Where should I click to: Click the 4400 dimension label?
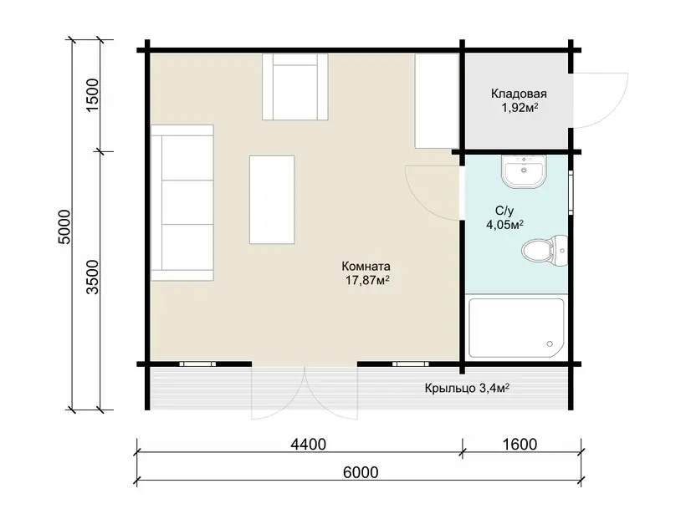pos(309,444)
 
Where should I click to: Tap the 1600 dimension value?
pos(520,444)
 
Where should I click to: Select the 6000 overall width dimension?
pos(361,472)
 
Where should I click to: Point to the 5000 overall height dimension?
pos(64,226)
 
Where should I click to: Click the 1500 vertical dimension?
pos(93,95)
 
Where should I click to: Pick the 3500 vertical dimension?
pos(93,277)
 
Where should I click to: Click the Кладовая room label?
pos(519,94)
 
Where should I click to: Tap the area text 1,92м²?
pos(520,108)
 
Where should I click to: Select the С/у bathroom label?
pos(504,211)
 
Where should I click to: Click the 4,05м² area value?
pos(505,225)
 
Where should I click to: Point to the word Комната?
pos(366,266)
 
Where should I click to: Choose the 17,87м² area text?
pos(367,280)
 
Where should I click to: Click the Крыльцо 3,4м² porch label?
pos(467,388)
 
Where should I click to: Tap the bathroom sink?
pos(524,171)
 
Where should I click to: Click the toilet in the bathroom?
pos(545,251)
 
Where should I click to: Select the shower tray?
pos(516,328)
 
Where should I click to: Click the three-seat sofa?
pos(182,202)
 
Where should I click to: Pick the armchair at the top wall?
pos(295,87)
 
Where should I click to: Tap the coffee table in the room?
pos(272,199)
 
